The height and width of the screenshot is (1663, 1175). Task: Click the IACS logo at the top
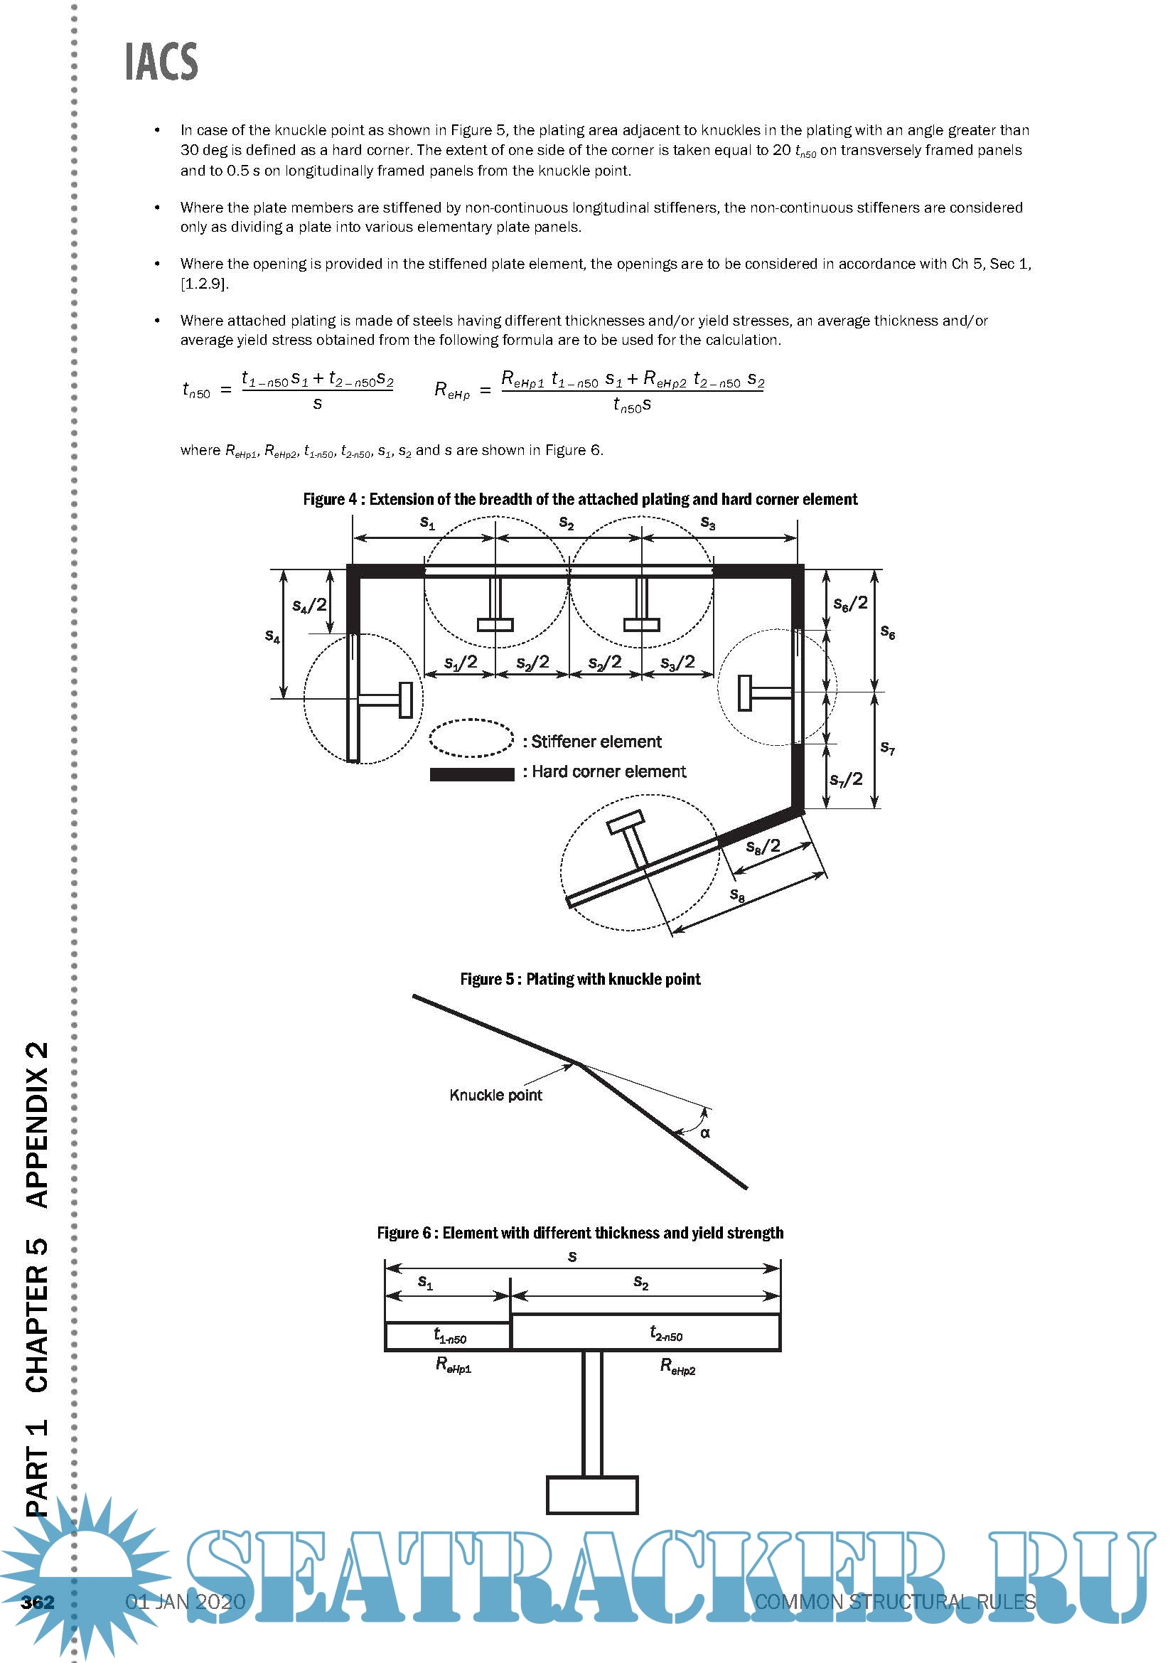pos(161,62)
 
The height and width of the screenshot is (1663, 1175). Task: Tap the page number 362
pos(38,1601)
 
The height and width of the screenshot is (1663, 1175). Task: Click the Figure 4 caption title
pos(580,499)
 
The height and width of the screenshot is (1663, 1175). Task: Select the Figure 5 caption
pos(580,979)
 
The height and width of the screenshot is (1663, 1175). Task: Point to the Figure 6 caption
pos(580,1233)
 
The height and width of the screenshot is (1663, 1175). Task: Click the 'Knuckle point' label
pos(495,1095)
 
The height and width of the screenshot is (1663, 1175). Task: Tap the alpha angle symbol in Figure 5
pos(705,1133)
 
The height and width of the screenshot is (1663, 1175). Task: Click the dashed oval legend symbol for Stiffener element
pos(471,739)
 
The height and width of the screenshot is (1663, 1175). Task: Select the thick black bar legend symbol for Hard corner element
pos(471,774)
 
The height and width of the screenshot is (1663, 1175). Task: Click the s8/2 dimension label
pos(763,846)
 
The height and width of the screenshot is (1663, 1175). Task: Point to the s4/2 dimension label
pos(309,605)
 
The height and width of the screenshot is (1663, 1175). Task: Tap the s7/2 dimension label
pos(846,779)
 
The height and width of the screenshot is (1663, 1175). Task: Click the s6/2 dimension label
pos(850,604)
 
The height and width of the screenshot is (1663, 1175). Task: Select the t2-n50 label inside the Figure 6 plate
pos(665,1333)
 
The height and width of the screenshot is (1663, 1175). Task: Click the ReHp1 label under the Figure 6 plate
pos(454,1365)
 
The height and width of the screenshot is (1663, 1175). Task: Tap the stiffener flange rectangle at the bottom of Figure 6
pos(592,1495)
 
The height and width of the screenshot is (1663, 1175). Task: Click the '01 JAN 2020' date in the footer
pos(186,1601)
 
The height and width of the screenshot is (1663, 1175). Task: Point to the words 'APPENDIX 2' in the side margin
pos(38,1124)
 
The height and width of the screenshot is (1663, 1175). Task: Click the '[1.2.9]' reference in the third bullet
pos(204,284)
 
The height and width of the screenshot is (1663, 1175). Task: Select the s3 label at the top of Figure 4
pos(708,523)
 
